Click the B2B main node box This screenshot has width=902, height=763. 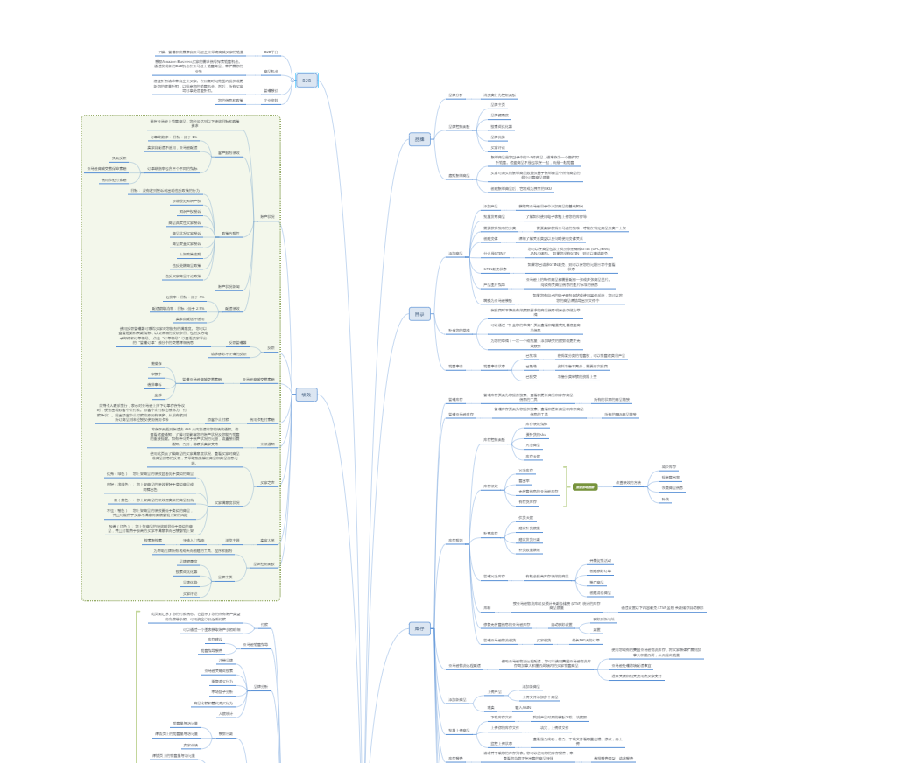point(306,80)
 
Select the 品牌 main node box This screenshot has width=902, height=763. point(419,139)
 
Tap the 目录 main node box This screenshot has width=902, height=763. point(419,314)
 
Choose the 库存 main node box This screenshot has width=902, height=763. point(419,628)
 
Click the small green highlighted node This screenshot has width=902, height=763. point(585,486)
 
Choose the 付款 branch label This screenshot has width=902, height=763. point(264,624)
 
